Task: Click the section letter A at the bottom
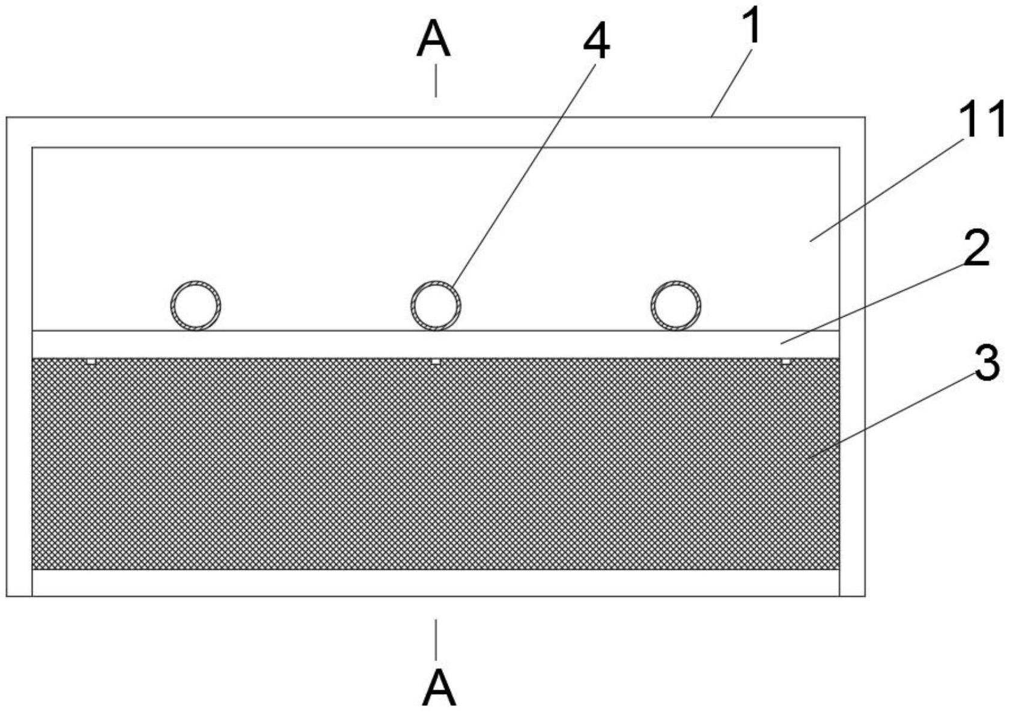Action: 439,688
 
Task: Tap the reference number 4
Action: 595,43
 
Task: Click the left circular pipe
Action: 196,305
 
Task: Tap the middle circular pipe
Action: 436,305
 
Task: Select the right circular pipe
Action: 676,305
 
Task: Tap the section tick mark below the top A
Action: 436,84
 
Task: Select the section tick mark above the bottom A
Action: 436,639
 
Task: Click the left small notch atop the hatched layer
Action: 91,361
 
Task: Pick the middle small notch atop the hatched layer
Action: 436,361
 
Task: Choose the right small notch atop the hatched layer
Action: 785,361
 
